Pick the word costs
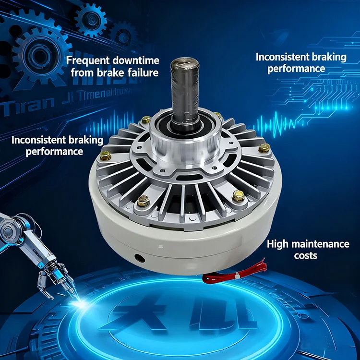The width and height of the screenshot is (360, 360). (305, 255)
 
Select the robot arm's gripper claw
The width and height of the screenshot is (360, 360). (49, 283)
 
